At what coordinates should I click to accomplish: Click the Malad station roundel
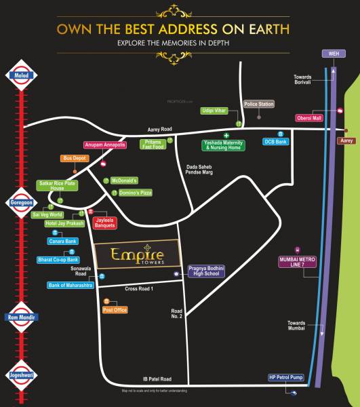[x=20, y=75]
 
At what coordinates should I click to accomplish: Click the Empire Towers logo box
[x=137, y=256]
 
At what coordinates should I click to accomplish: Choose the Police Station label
[x=260, y=104]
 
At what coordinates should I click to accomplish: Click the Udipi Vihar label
[x=214, y=110]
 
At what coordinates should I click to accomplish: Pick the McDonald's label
[x=124, y=180]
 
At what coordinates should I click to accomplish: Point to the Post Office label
[x=115, y=310]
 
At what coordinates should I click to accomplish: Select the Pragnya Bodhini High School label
[x=205, y=271]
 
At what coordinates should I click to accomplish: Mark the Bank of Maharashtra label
[x=70, y=285]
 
